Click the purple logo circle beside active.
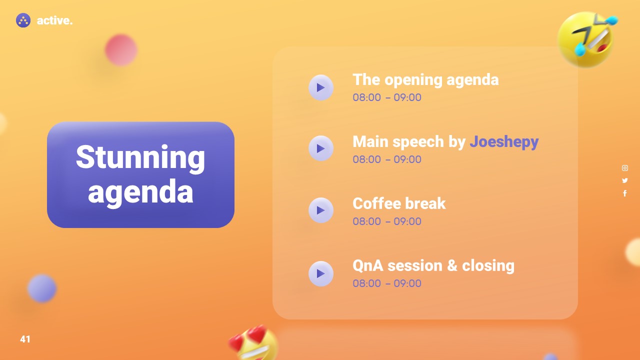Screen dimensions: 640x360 [23, 20]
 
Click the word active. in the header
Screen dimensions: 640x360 [54, 20]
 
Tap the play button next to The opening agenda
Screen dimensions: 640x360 [321, 87]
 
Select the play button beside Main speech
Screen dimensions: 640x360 [321, 148]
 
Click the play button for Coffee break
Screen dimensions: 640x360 [321, 210]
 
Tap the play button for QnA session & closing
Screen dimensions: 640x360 [321, 273]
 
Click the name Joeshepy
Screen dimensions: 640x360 [504, 142]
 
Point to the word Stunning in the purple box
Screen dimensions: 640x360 [140, 158]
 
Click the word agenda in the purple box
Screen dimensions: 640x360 [140, 192]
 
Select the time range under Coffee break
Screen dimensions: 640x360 [387, 221]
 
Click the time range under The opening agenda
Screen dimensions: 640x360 [387, 97]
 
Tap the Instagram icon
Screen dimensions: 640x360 [625, 168]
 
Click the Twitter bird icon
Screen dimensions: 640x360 [625, 180]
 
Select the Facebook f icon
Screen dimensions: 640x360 [625, 193]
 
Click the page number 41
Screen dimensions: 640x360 [25, 339]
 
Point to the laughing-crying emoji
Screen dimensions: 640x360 [586, 39]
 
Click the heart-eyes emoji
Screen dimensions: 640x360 [253, 343]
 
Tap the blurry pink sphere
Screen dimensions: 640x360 [121, 50]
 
